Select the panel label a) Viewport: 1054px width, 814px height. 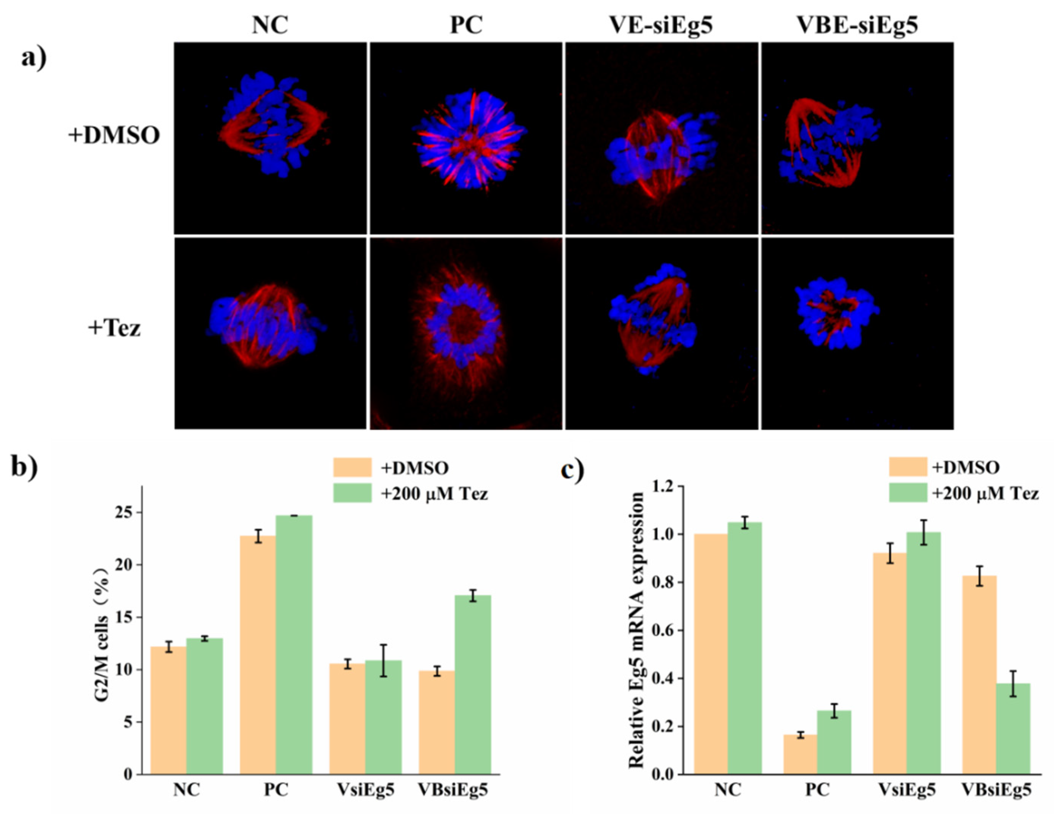(34, 59)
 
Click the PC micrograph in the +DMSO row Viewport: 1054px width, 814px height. (466, 138)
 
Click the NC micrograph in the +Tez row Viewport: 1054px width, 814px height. (270, 333)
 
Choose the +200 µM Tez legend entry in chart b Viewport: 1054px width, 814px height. (434, 494)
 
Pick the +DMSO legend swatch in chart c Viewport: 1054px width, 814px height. (907, 467)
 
